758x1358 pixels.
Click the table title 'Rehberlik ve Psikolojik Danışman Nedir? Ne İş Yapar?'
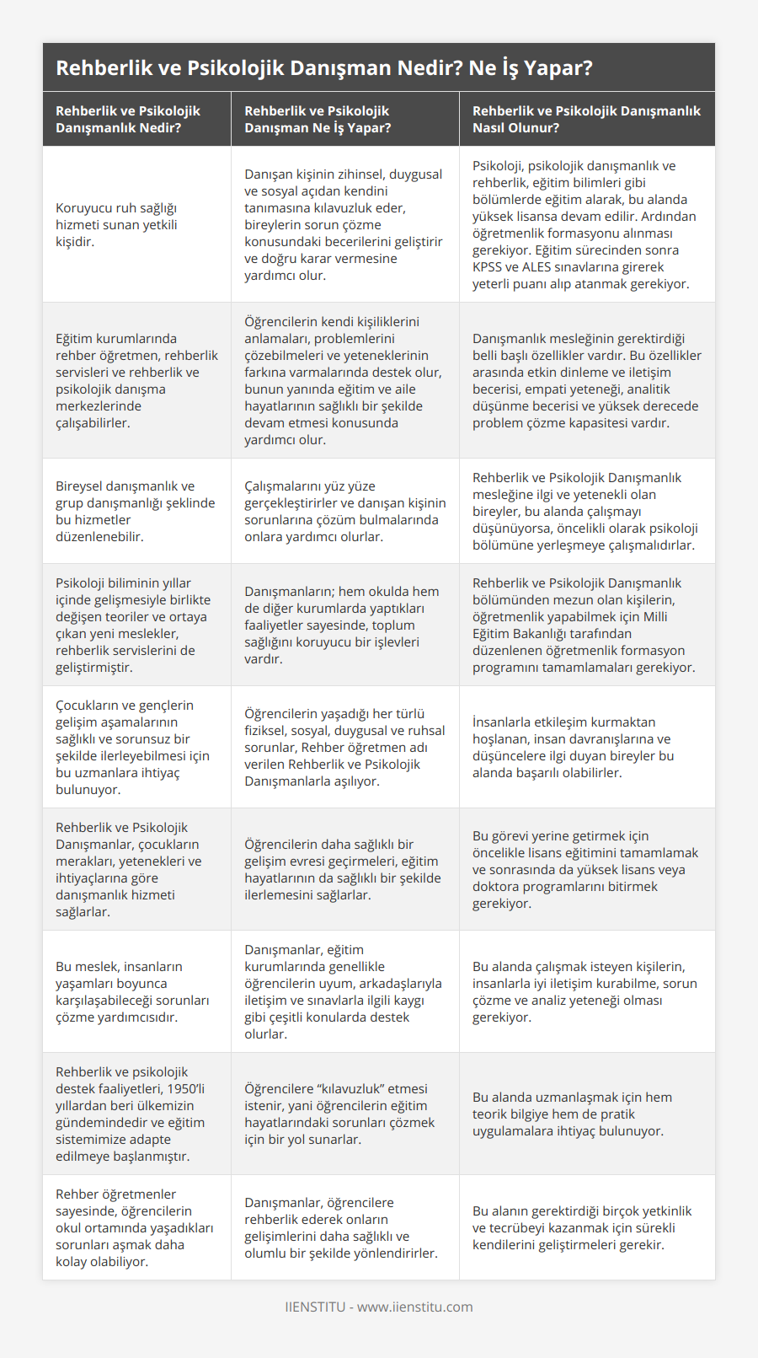pyautogui.click(x=324, y=68)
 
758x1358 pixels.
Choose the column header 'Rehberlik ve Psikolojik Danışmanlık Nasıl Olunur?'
pyautogui.click(x=586, y=119)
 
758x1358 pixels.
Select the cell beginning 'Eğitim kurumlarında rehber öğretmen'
pyautogui.click(x=136, y=380)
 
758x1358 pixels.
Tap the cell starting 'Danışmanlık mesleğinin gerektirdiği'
pyautogui.click(x=586, y=380)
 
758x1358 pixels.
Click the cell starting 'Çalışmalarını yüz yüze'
pyautogui.click(x=344, y=511)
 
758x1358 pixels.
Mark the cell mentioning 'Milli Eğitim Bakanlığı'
pyautogui.click(x=586, y=625)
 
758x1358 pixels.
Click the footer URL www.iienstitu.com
pyautogui.click(x=414, y=1307)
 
